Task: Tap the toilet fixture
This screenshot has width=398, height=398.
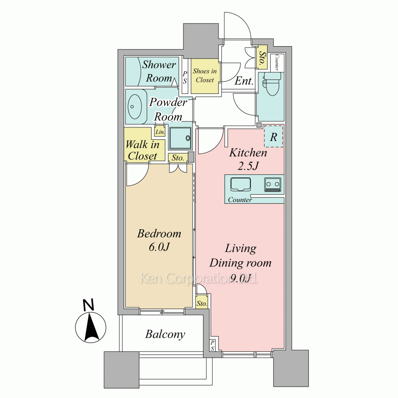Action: pyautogui.click(x=272, y=84)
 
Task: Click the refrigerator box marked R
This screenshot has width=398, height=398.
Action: pyautogui.click(x=273, y=137)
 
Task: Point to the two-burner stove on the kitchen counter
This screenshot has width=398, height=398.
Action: pyautogui.click(x=273, y=184)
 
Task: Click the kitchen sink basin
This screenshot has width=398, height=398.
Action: pyautogui.click(x=240, y=184)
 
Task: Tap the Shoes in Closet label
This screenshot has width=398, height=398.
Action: pyautogui.click(x=205, y=75)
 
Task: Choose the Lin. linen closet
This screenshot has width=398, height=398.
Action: pyautogui.click(x=160, y=132)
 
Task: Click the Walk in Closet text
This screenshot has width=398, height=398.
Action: pyautogui.click(x=142, y=150)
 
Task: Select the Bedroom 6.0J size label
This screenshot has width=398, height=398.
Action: pyautogui.click(x=159, y=240)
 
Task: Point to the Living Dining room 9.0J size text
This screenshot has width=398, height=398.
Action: pyautogui.click(x=240, y=263)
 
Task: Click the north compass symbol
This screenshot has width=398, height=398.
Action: pyautogui.click(x=91, y=328)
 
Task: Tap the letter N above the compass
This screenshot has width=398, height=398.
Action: pyautogui.click(x=88, y=305)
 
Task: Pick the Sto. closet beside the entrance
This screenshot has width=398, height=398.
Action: pyautogui.click(x=262, y=57)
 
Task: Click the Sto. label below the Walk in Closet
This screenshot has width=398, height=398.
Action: pyautogui.click(x=178, y=158)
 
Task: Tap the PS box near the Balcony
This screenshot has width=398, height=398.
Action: pyautogui.click(x=213, y=346)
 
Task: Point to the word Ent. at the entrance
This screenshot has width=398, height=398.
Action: pyautogui.click(x=244, y=81)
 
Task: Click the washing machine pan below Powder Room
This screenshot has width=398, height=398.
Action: pyautogui.click(x=180, y=139)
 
